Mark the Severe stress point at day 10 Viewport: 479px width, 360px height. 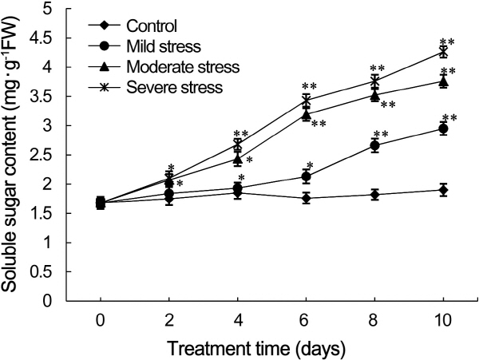[x=443, y=52]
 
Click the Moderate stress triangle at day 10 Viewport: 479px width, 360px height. [x=443, y=81]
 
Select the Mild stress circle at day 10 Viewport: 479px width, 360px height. [x=443, y=129]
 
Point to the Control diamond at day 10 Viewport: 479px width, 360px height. [x=443, y=190]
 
